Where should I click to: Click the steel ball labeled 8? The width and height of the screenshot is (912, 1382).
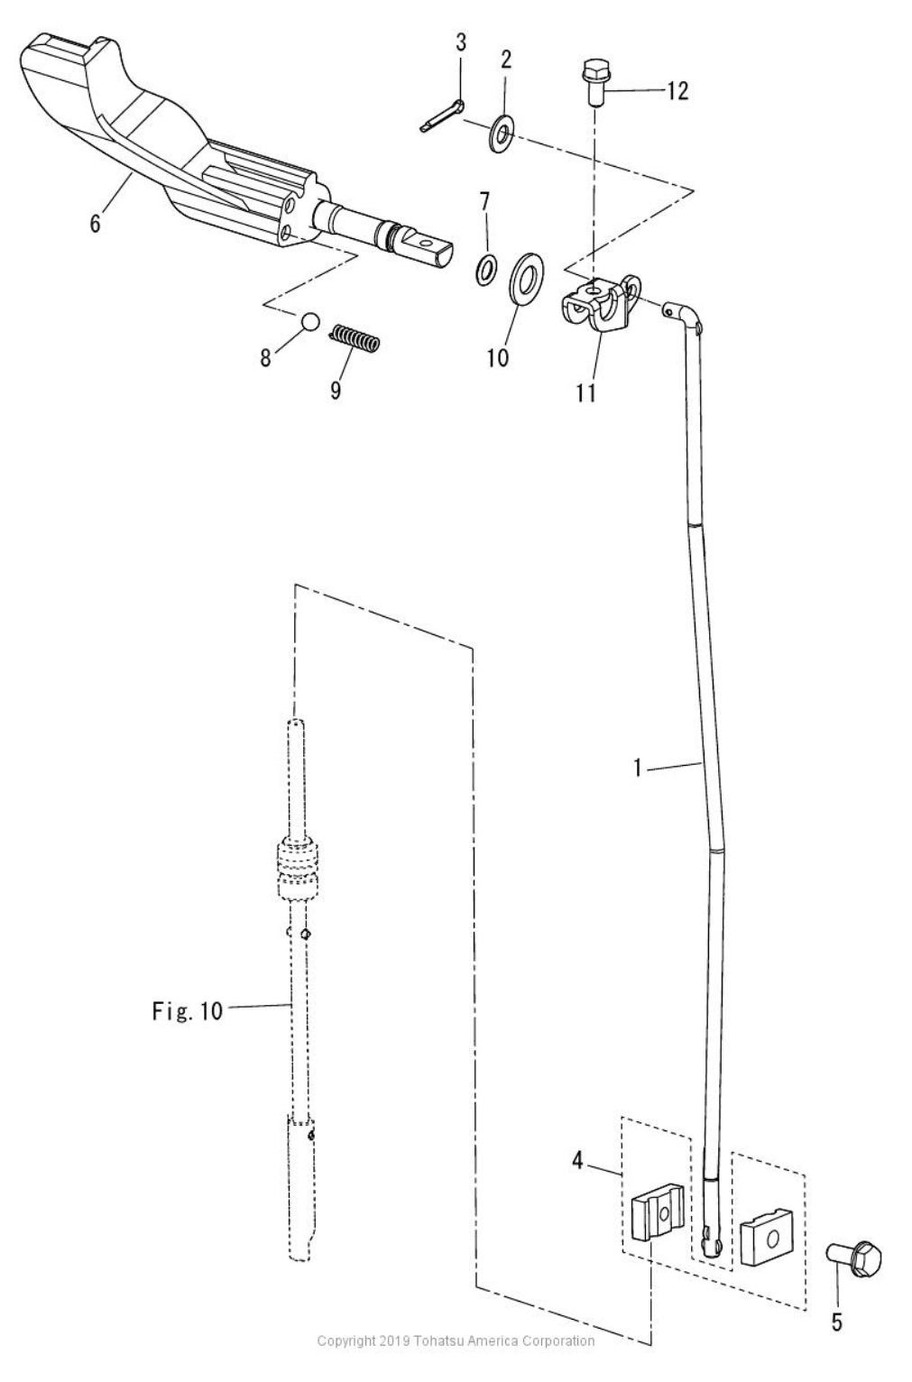309,322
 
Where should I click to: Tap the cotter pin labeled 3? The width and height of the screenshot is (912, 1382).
442,115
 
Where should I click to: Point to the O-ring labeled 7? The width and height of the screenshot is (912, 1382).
486,269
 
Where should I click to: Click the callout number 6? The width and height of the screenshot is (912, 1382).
95,224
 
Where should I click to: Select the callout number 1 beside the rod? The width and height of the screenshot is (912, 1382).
638,769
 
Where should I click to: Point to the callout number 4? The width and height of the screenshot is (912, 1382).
577,1160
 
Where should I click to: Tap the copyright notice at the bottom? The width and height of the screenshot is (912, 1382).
456,1341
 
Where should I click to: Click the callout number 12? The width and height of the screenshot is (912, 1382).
677,91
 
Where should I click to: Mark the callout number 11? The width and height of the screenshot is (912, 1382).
586,393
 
